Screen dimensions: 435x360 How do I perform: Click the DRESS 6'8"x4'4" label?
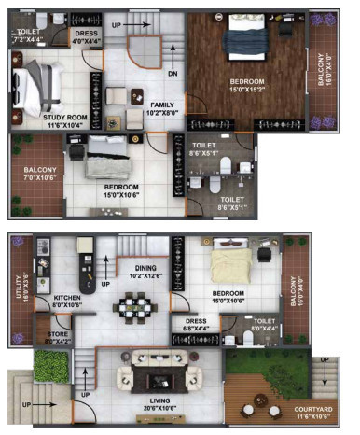point(197,325)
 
